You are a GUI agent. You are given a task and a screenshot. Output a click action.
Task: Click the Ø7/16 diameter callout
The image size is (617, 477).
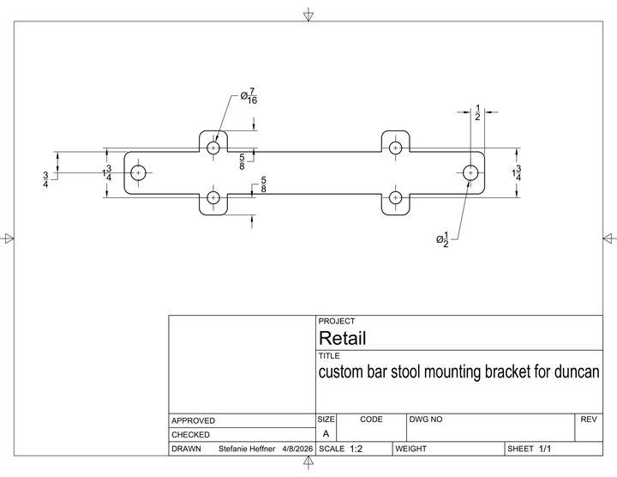249,96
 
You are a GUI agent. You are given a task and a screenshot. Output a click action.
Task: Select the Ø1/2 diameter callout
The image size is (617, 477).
442,239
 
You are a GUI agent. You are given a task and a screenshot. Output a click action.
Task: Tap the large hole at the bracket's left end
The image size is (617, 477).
138,173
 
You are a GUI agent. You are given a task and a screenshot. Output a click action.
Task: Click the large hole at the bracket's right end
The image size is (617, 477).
470,173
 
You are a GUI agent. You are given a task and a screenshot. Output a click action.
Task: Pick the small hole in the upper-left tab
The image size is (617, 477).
213,148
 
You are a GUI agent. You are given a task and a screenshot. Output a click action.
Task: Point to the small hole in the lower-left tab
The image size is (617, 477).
213,197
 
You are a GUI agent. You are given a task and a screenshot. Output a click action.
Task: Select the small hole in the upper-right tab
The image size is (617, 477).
395,148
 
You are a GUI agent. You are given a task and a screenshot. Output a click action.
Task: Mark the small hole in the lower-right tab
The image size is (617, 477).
395,197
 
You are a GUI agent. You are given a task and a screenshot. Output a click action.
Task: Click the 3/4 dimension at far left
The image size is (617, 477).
45,179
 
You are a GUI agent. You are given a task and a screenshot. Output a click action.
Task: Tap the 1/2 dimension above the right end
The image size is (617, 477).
477,112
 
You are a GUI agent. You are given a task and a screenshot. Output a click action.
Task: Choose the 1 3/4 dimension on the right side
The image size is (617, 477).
517,173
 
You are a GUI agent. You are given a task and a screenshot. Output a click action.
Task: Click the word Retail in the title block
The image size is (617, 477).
342,338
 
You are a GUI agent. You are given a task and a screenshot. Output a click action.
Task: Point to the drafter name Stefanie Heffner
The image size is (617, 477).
247,449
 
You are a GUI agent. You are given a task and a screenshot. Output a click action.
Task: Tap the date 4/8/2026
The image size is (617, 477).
297,449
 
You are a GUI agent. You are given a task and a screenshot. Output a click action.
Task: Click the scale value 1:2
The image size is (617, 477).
356,449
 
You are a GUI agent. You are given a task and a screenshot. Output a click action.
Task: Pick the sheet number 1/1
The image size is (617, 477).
545,449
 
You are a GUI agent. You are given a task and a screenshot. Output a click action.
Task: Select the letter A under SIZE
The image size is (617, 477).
326,433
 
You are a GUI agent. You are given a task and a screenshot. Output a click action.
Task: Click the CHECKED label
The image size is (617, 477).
190,435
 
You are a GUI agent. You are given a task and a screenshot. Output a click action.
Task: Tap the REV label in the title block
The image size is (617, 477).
589,420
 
